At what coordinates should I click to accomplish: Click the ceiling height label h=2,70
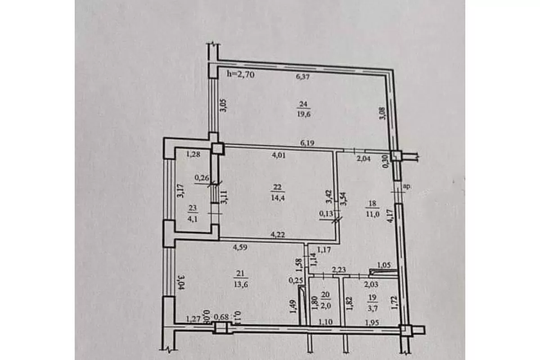coord(241,74)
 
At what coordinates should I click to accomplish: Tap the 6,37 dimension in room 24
coord(302,77)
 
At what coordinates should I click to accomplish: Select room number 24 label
coord(303,104)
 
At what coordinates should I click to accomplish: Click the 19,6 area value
coord(304,114)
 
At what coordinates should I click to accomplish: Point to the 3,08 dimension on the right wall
coord(383,113)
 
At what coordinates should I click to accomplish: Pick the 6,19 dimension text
coord(307,143)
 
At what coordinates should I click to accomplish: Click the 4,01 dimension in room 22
coord(279,155)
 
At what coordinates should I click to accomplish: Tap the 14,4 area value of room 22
coord(278,198)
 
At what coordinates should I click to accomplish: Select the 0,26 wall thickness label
coord(202,178)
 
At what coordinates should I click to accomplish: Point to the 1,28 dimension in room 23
coord(193,154)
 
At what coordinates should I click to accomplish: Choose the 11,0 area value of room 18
coord(373,214)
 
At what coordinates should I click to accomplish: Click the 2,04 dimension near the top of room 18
coord(364,159)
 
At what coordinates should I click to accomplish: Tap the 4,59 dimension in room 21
coord(240,247)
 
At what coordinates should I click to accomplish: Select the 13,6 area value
coord(241,285)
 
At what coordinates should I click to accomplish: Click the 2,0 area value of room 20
coord(326,306)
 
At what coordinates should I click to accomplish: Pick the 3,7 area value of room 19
coord(373,308)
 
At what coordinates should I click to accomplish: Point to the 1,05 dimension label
coord(383,265)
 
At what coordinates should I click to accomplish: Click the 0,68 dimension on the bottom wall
coord(221,317)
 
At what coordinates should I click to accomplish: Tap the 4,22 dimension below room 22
coord(278,234)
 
